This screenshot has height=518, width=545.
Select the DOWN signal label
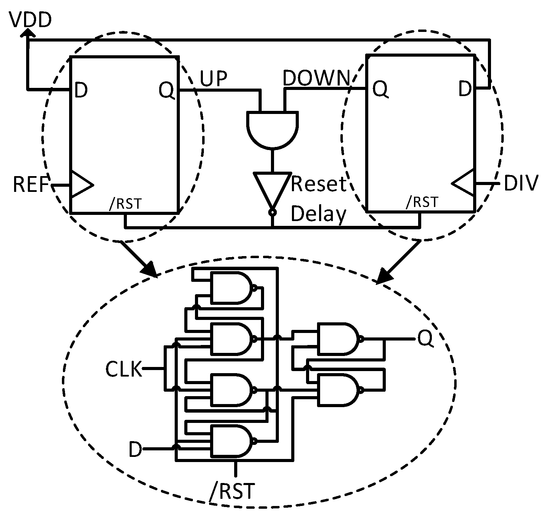316,78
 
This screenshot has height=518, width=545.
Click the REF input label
31,185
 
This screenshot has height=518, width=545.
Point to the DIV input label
520,184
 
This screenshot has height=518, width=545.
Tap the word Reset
318,184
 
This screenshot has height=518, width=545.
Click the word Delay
318,214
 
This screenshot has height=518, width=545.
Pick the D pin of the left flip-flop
81,90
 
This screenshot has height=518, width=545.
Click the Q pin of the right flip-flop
380,90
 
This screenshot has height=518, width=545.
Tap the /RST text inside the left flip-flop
125,204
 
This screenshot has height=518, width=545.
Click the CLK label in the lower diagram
123,369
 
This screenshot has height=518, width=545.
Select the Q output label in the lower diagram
426,338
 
